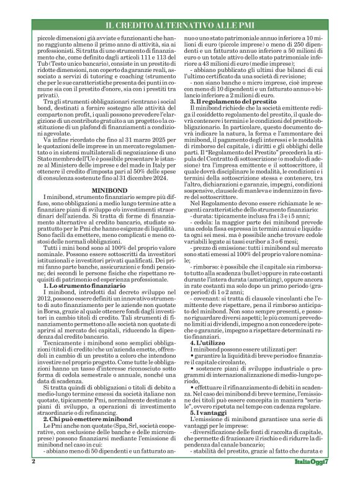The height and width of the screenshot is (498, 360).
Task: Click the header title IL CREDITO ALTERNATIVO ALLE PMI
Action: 179,25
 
